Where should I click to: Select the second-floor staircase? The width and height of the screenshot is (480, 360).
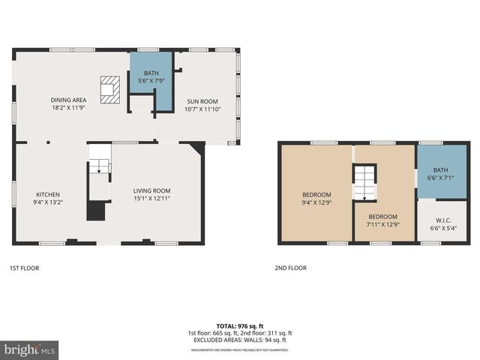[x=364, y=182]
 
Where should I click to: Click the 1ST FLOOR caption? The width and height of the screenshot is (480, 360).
[x=24, y=268]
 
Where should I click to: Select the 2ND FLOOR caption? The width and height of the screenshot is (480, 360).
[x=290, y=268]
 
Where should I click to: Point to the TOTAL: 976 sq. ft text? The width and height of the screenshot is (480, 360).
[x=239, y=326]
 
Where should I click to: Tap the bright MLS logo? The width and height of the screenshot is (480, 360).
[x=29, y=350]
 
